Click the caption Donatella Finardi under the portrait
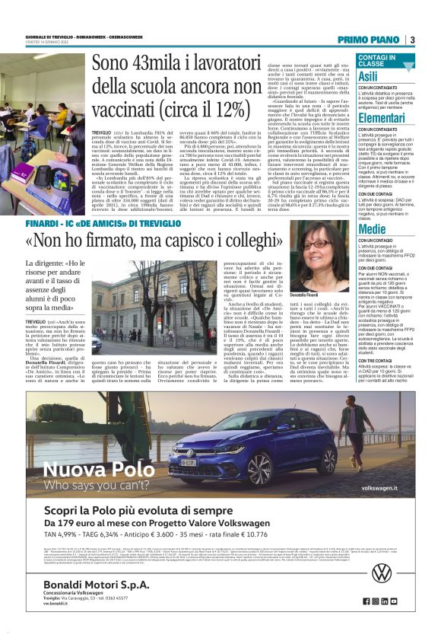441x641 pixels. coord(325,294)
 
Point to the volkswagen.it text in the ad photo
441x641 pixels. coord(381,487)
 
